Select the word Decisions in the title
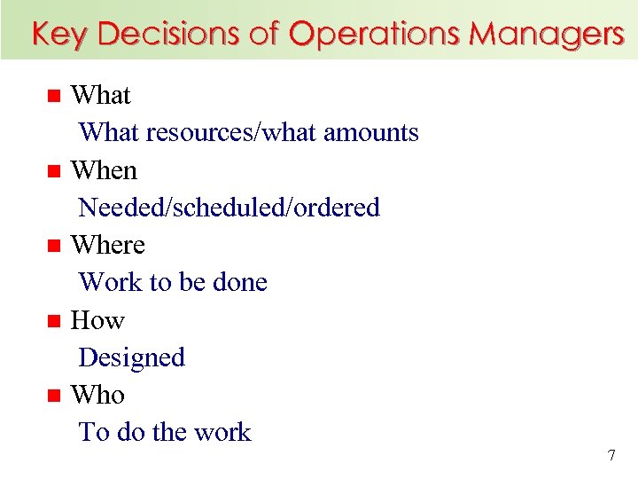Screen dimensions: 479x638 [x=167, y=34]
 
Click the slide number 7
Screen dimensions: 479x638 [x=611, y=456]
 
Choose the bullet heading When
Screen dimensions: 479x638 [x=104, y=169]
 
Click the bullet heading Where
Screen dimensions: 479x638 [x=107, y=245]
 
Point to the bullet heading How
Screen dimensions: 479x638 [x=97, y=319]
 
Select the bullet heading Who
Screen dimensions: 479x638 [x=97, y=395]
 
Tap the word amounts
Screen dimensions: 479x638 [x=371, y=133]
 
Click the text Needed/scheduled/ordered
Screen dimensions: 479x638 [x=229, y=208]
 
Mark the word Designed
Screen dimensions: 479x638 [x=131, y=357]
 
